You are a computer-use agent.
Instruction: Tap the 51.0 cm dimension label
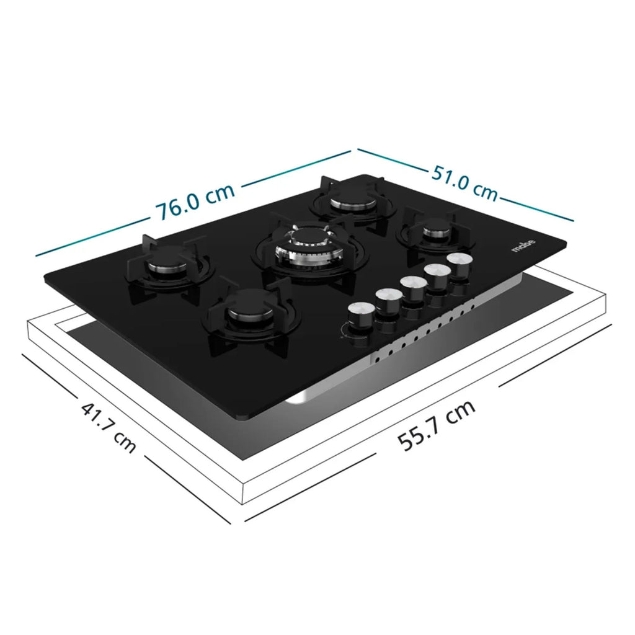[464, 182]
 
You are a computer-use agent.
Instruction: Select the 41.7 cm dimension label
[109, 428]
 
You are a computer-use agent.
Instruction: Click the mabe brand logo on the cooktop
[523, 246]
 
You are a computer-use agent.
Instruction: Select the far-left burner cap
[167, 265]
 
